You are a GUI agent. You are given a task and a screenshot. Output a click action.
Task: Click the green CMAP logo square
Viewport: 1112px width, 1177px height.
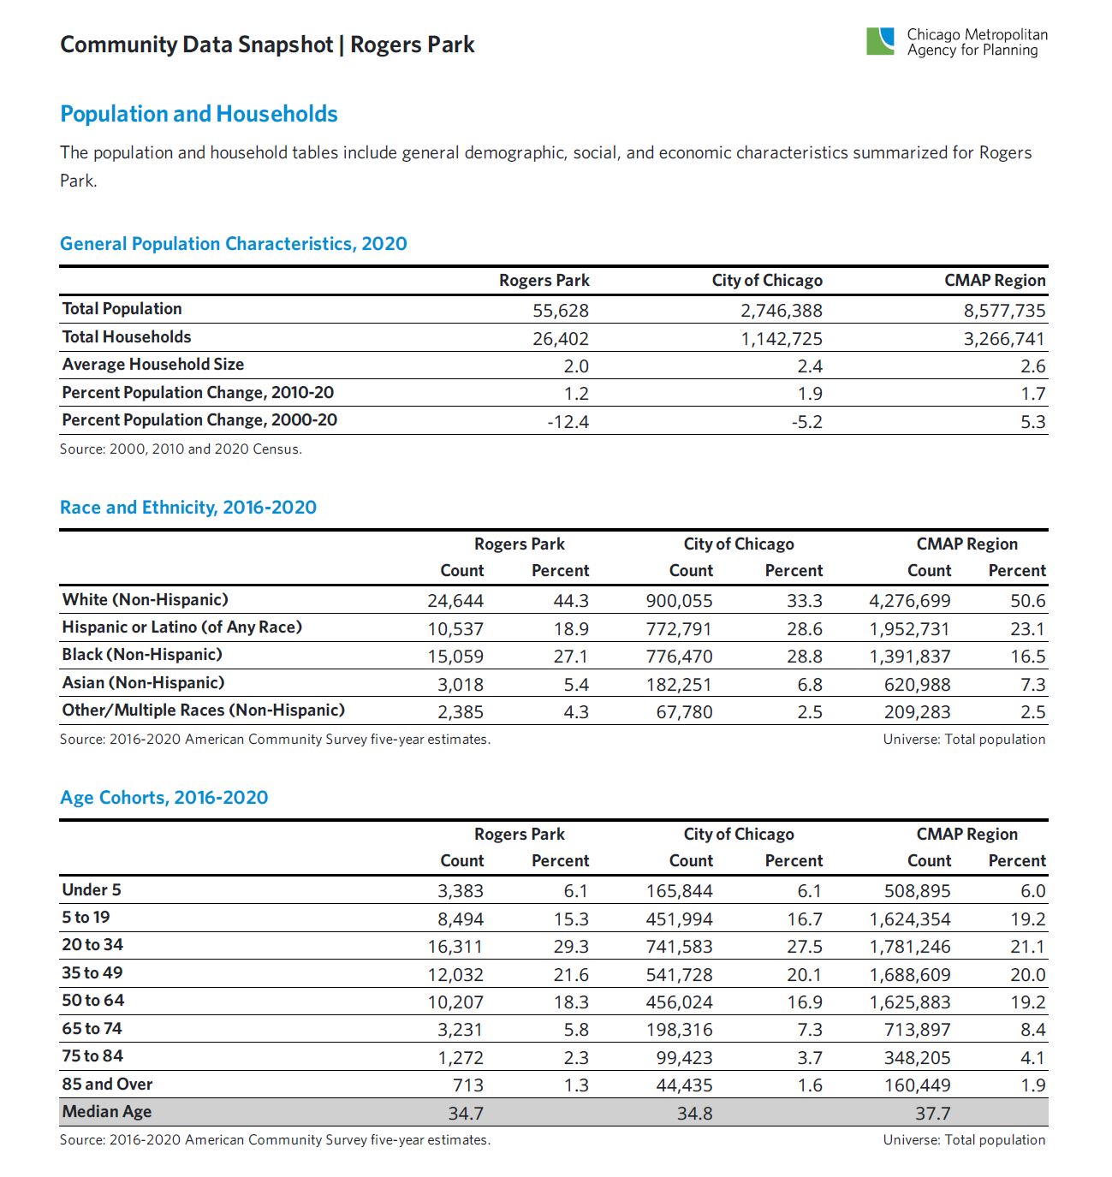pos(880,41)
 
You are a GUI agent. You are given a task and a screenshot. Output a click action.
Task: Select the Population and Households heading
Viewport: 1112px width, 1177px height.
pos(199,114)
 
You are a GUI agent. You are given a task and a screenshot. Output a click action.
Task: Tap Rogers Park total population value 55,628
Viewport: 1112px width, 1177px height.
pos(561,310)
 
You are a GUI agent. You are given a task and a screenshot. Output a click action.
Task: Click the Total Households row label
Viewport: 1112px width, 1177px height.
pos(127,337)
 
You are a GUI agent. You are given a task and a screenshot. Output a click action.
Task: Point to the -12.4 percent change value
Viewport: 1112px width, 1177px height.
pos(568,421)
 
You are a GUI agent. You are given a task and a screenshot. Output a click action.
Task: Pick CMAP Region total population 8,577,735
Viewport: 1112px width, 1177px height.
pos(1004,310)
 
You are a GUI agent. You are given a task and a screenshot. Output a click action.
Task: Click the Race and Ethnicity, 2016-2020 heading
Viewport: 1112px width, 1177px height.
pos(188,507)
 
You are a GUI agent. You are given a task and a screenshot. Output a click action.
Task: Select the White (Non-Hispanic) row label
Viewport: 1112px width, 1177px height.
pos(145,600)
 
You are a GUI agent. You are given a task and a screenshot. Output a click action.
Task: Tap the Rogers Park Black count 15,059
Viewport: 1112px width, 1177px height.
pos(455,657)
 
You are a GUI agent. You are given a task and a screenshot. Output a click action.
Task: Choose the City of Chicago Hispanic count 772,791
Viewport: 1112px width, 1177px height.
pos(679,629)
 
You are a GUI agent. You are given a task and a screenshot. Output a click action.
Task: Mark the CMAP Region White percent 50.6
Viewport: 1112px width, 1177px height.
pos(1027,601)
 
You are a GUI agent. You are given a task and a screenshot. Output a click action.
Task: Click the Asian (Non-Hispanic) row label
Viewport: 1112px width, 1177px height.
pos(143,683)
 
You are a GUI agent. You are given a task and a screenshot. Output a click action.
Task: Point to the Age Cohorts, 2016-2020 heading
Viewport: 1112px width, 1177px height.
pos(164,798)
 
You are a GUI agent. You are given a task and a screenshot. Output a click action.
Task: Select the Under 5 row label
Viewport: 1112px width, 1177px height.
pos(92,890)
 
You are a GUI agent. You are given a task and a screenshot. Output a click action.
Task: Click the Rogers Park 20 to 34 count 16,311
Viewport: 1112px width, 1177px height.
pos(455,947)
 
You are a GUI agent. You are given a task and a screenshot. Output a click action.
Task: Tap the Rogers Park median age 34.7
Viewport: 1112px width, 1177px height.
pos(466,1113)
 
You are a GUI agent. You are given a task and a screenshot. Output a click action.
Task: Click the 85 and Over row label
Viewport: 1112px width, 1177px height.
pos(107,1085)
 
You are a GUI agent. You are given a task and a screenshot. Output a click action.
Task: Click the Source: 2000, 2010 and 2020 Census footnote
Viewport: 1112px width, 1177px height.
pos(181,449)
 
